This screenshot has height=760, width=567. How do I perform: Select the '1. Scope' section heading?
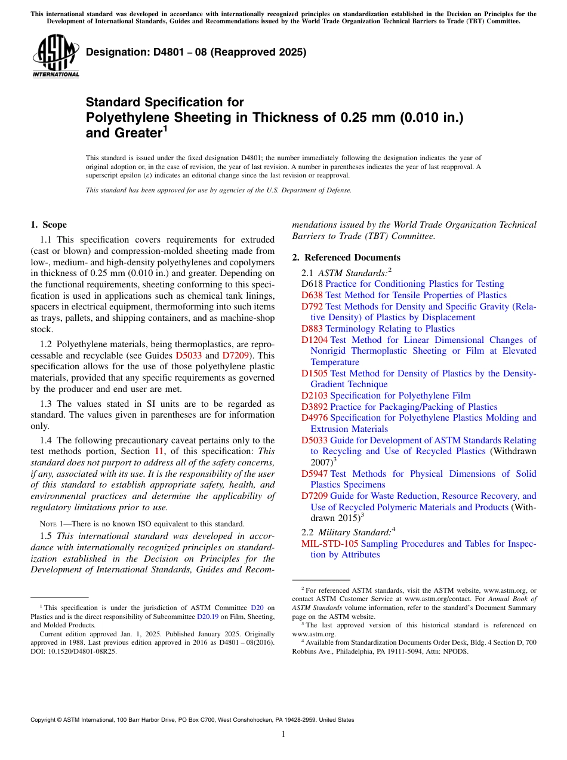click(48, 225)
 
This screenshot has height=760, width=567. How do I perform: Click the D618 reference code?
click(312, 284)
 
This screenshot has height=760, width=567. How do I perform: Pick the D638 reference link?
click(312, 295)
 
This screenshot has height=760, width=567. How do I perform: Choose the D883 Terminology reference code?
click(312, 329)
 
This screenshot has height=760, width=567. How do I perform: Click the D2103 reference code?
click(315, 396)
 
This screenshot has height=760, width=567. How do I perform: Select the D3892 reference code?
click(315, 407)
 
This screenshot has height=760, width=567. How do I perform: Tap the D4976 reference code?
click(315, 418)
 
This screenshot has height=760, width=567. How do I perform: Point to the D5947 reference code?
click(315, 474)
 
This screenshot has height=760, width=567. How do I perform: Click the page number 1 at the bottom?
click(283, 734)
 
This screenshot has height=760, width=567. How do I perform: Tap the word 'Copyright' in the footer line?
click(44, 720)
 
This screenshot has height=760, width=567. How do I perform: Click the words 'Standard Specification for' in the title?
click(165, 102)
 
